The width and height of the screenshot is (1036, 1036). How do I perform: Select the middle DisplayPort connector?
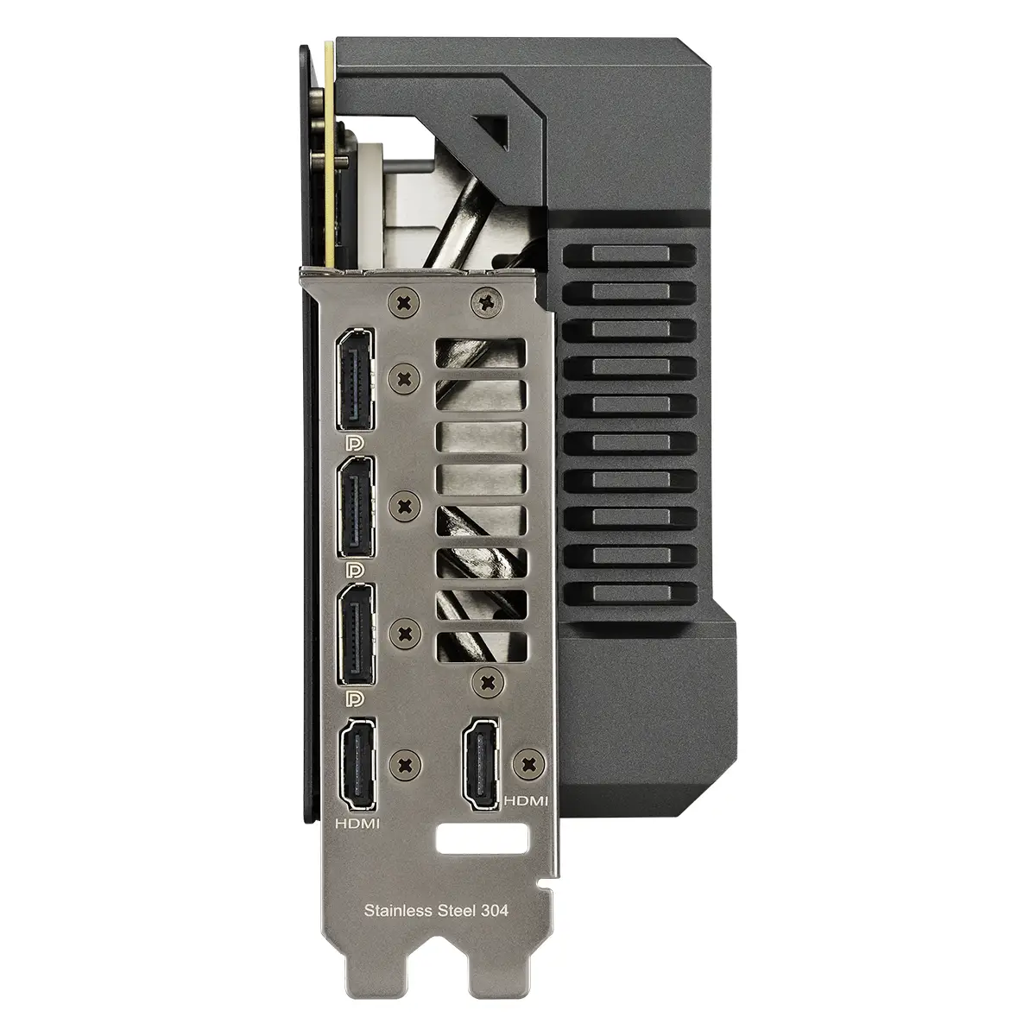[x=356, y=507]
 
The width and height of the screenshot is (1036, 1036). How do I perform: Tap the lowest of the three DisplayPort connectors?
[x=356, y=635]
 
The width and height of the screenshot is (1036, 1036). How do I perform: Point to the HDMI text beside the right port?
[x=526, y=816]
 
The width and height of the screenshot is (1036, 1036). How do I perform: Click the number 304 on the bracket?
[x=495, y=911]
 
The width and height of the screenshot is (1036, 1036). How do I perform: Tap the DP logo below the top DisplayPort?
[x=356, y=443]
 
